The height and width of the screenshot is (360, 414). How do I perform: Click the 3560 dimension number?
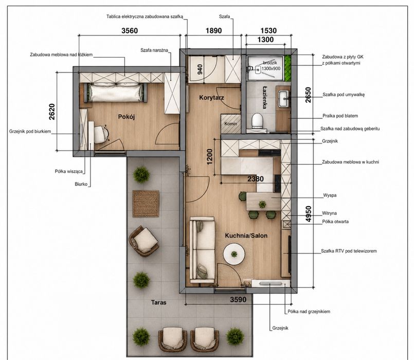pos(130,31)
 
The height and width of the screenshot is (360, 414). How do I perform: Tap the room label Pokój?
pos(126,116)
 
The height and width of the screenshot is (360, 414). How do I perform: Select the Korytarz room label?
pos(211,98)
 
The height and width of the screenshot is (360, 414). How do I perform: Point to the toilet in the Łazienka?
pos(257,121)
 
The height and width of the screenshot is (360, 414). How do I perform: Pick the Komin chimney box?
pos(231,123)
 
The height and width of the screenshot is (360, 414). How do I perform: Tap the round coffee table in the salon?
pos(234,255)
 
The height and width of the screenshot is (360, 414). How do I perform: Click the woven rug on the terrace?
pos(146,204)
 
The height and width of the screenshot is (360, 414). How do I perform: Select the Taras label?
pos(159,302)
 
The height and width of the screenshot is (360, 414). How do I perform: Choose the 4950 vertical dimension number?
pos(308,214)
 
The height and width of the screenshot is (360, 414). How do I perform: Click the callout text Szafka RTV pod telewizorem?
pos(349,251)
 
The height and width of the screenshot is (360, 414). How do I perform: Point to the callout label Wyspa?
pos(330,195)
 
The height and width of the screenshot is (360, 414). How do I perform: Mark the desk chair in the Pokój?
pos(101,134)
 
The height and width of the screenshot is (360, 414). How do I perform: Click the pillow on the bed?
pos(115,93)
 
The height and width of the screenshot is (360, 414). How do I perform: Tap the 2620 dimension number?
pos(52,112)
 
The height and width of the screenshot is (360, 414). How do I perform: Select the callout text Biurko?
pos(81,184)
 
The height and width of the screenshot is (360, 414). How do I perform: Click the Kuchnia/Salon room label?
pos(246,236)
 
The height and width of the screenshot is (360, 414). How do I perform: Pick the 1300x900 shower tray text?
pos(271,68)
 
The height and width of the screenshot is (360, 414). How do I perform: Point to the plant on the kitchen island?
pos(262,204)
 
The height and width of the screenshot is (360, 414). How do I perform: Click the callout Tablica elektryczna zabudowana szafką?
pos(145,16)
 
